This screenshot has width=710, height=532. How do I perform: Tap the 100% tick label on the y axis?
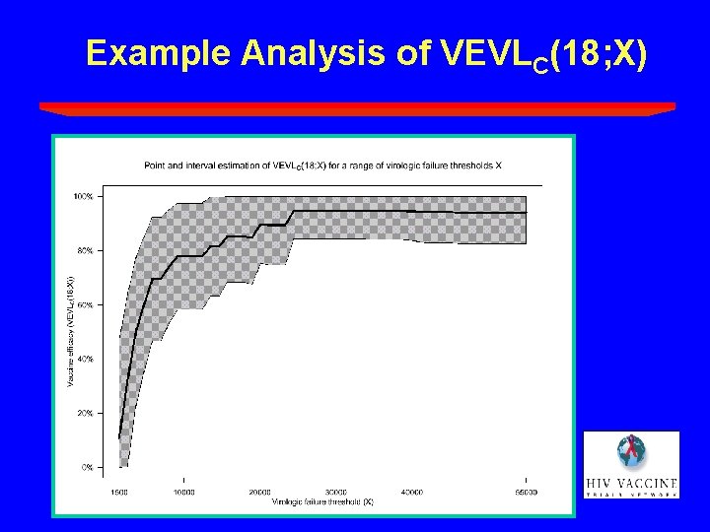tap(84, 196)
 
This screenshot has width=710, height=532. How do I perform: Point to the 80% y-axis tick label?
tap(86, 250)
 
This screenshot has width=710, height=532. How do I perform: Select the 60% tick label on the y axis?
tap(86, 304)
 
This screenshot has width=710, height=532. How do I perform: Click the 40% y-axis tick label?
tap(86, 359)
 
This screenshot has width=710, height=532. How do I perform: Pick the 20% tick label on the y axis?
tap(86, 413)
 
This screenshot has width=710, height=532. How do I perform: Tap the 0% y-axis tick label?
tap(88, 467)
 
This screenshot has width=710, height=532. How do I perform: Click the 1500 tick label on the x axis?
tap(119, 491)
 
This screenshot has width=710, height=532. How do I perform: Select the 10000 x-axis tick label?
tap(183, 491)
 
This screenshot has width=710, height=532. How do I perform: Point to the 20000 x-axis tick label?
tap(259, 491)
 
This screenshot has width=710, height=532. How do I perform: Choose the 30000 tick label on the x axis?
tap(336, 491)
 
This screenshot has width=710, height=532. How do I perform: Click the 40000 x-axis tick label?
tap(412, 491)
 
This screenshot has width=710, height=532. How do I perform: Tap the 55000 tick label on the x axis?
tap(527, 491)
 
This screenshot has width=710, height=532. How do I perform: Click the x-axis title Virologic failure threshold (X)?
tap(322, 501)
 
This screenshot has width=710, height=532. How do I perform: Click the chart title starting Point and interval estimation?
tap(322, 166)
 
